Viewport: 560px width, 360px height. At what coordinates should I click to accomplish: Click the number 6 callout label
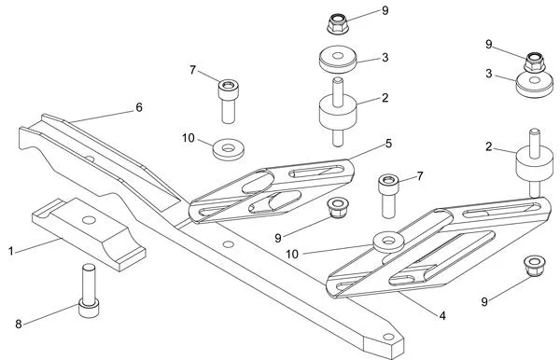click(x=139, y=107)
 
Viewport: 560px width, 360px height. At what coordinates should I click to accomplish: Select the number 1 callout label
click(x=11, y=251)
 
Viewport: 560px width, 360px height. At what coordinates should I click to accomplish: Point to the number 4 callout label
click(x=442, y=316)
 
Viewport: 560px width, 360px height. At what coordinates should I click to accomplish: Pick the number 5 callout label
click(x=388, y=145)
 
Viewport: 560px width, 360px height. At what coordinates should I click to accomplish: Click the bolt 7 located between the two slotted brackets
click(x=389, y=194)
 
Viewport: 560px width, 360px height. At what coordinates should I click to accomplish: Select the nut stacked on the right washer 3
click(x=534, y=62)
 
